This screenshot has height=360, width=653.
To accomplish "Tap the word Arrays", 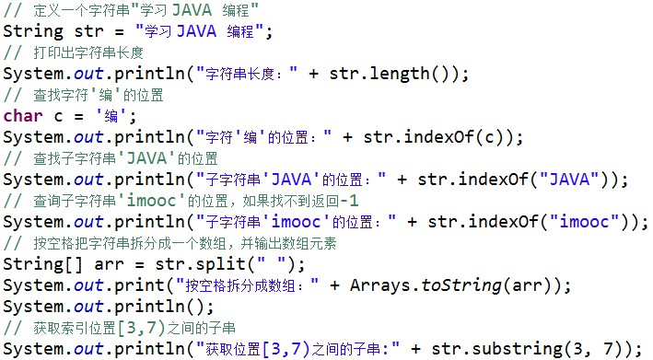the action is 380,285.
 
